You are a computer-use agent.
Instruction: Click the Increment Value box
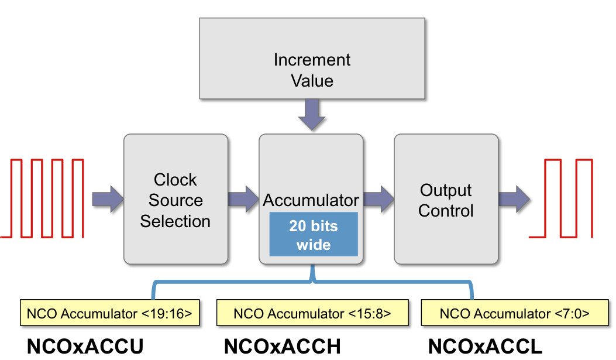pos(312,58)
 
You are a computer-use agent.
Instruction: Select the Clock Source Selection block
pos(175,199)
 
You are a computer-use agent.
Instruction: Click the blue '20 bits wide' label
pos(314,235)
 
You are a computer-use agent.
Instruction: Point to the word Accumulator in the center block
pos(311,200)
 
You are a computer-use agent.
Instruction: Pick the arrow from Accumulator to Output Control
pos(378,199)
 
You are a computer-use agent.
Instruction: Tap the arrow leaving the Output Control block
pos(514,199)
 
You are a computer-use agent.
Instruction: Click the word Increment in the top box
pos(312,60)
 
